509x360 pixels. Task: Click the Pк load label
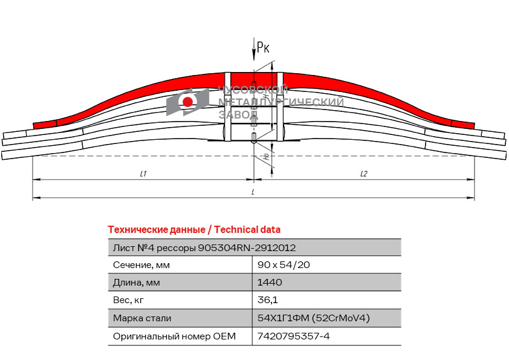263,47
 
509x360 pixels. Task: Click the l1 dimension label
143,174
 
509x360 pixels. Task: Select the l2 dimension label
363,174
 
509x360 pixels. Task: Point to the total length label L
252,192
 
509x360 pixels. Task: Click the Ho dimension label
267,157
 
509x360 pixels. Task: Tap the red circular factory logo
187,102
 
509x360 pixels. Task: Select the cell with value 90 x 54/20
284,265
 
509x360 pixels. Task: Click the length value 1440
270,283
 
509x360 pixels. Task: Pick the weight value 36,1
268,300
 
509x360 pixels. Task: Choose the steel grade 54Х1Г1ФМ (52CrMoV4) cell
313,318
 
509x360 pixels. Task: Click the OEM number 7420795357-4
293,336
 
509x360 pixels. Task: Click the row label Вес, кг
129,300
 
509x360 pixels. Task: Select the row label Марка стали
142,318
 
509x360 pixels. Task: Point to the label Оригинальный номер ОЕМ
174,336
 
